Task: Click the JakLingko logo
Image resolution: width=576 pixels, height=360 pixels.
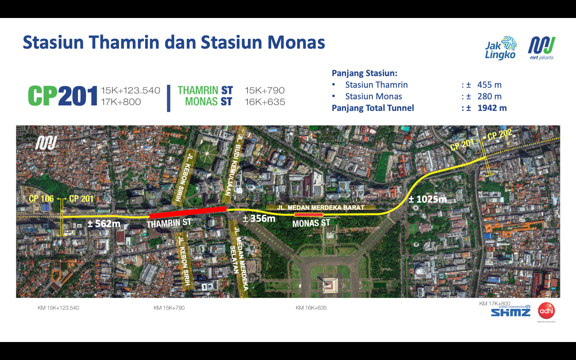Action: pyautogui.click(x=500, y=48)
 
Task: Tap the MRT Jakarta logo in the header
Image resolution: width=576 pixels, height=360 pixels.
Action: pyautogui.click(x=542, y=47)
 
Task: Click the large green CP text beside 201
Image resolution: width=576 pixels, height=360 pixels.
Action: pyautogui.click(x=43, y=96)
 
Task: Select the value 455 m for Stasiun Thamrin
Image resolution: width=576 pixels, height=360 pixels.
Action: pyautogui.click(x=489, y=85)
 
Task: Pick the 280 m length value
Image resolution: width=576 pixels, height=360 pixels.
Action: pyautogui.click(x=489, y=96)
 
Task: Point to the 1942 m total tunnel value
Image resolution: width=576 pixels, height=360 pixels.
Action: pyautogui.click(x=492, y=108)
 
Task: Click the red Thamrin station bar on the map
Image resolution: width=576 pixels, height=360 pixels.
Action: pyautogui.click(x=188, y=212)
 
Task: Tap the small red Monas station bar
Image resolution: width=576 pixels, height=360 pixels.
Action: pyautogui.click(x=308, y=215)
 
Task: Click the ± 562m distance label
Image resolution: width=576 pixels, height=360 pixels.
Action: pyautogui.click(x=104, y=224)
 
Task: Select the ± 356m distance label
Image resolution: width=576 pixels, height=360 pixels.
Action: pyautogui.click(x=259, y=218)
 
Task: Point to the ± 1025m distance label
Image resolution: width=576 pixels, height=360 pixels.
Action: pyautogui.click(x=427, y=199)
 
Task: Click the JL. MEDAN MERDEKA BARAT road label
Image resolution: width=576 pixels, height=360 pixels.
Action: pyautogui.click(x=320, y=208)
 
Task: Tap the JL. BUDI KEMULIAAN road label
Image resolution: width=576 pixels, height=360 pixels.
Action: pyautogui.click(x=234, y=164)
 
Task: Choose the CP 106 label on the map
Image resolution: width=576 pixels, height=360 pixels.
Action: pyautogui.click(x=41, y=199)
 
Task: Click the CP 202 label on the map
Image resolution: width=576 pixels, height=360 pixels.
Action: pyautogui.click(x=500, y=135)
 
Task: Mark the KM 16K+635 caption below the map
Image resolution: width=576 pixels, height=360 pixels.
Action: pyautogui.click(x=311, y=308)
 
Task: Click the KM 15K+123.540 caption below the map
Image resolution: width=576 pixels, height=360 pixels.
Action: pyautogui.click(x=58, y=308)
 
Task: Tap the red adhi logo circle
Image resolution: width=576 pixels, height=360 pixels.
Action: pyautogui.click(x=546, y=311)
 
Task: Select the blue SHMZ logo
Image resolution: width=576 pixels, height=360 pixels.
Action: pyautogui.click(x=511, y=312)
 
